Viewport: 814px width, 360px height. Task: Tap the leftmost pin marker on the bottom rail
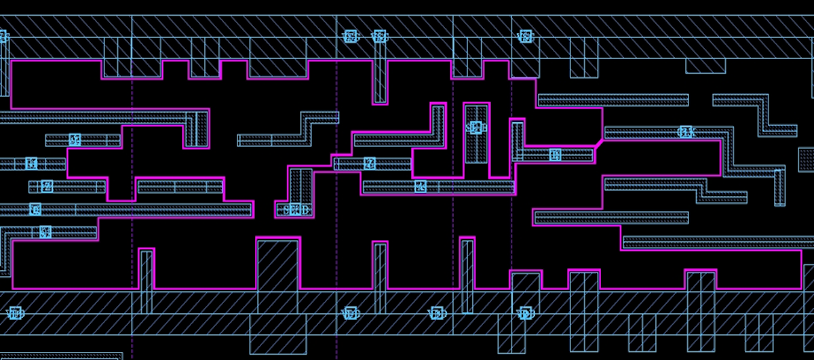tap(15, 313)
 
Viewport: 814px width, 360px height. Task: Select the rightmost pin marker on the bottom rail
tap(524, 313)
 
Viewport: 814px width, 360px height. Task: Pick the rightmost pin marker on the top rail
tap(524, 36)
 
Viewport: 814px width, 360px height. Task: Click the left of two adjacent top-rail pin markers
tap(350, 36)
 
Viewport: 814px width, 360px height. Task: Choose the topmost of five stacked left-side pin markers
tap(75, 140)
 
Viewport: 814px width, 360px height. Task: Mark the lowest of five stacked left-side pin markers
tap(45, 232)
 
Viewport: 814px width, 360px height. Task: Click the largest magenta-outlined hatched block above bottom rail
tap(277, 264)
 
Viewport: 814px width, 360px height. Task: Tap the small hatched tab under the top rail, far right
tap(705, 66)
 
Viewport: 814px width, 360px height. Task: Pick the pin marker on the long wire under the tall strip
tap(421, 186)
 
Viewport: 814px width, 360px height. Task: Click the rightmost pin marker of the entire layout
tap(686, 132)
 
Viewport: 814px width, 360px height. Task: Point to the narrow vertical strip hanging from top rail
tap(380, 71)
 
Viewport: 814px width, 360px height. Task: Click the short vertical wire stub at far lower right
tap(780, 188)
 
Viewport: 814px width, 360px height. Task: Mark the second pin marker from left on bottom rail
tap(350, 313)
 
